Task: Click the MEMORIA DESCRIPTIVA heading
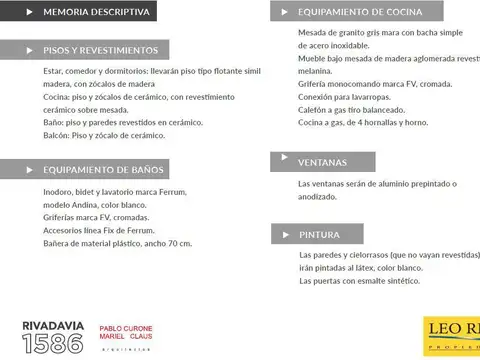(96, 13)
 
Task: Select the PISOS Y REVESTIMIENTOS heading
(101, 50)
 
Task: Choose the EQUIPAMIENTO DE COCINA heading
(360, 12)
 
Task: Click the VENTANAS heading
(322, 162)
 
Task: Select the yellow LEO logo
(452, 336)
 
